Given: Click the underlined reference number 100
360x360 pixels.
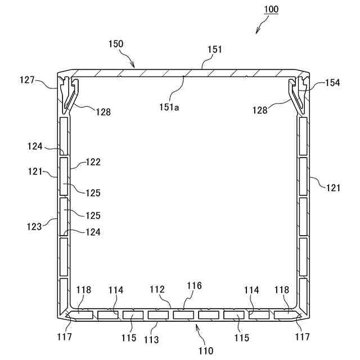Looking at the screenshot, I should coord(270,10).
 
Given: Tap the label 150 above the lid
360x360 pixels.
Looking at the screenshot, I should coord(116,43).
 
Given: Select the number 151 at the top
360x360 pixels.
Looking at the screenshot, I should coord(215,49).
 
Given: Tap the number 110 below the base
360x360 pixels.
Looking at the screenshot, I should coord(206,351).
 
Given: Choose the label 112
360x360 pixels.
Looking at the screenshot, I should coord(157,289).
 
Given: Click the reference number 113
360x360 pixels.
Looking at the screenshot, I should coord(151,339).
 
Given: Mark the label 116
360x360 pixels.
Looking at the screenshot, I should coord(195,286).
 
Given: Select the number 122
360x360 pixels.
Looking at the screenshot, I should coord(93,162).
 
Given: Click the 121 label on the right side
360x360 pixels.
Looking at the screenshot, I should coord(333,188).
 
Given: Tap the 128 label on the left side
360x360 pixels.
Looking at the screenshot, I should coord(102,112).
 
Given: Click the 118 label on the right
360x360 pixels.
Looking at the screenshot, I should coord(282,289).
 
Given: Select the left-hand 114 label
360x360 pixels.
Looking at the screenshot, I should coord(116,290).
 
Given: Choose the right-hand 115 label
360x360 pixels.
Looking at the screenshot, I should coord(241,337).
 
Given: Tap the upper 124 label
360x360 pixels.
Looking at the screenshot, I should coord(34,147).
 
